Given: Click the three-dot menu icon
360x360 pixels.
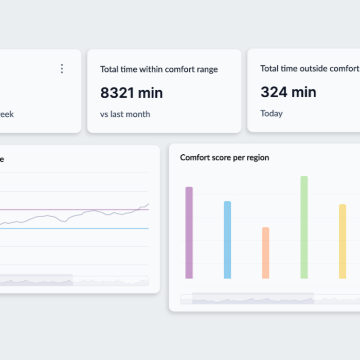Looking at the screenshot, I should coord(62,69).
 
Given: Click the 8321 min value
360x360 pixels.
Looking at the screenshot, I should coord(131,93).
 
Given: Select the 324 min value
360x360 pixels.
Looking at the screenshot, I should coord(288,93).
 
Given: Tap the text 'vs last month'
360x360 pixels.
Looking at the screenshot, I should coord(125,114).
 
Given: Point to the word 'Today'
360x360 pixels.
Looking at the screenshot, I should coord(271,114).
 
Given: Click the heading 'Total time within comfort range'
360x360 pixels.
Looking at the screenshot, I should coord(159,69).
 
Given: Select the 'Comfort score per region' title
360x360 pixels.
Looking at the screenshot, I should coord(224,157).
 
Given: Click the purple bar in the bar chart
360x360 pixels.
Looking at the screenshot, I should coord(189,232).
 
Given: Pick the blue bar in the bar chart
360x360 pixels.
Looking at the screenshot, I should coord(227,240).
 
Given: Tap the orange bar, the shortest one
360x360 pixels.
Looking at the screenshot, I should coord(265,253).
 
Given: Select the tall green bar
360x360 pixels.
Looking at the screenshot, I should coord(304,227).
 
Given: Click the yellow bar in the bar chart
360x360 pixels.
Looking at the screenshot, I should coord(343,241).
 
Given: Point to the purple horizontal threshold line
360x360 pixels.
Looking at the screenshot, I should coord(51,210).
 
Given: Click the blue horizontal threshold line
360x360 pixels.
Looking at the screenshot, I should coord(77,228).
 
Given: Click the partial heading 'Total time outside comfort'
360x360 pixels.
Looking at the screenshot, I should coord(309,69).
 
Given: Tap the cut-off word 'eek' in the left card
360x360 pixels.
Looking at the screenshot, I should coord(7,114).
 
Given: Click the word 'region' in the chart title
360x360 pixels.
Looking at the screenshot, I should coord(257,157).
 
